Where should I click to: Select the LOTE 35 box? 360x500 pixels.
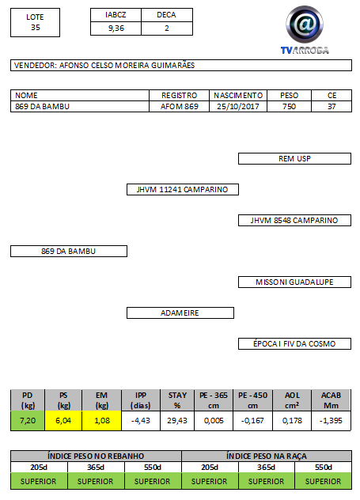tap(35, 22)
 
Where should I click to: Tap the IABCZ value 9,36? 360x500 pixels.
tap(116, 28)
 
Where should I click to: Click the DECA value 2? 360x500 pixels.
tap(167, 28)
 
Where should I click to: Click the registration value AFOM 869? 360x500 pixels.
tap(179, 107)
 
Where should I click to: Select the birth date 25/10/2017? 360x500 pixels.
tap(238, 107)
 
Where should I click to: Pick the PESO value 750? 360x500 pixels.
tap(289, 107)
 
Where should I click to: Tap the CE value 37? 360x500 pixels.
tap(332, 107)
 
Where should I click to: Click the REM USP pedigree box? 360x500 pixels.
tap(294, 159)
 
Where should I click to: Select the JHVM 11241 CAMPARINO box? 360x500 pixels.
tap(183, 189)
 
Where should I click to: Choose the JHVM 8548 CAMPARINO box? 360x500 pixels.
tap(294, 221)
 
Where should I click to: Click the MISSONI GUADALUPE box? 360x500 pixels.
tap(294, 282)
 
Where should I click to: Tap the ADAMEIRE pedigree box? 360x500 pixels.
tap(180, 312)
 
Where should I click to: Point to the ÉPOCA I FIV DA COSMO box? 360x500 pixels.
tap(294, 343)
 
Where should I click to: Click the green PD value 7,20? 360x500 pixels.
tap(28, 421)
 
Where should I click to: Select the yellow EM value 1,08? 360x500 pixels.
tap(102, 421)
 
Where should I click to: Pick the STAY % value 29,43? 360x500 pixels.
tap(177, 421)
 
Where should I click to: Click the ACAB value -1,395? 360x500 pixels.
tap(331, 421)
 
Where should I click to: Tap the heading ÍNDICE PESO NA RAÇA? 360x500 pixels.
tap(267, 456)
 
